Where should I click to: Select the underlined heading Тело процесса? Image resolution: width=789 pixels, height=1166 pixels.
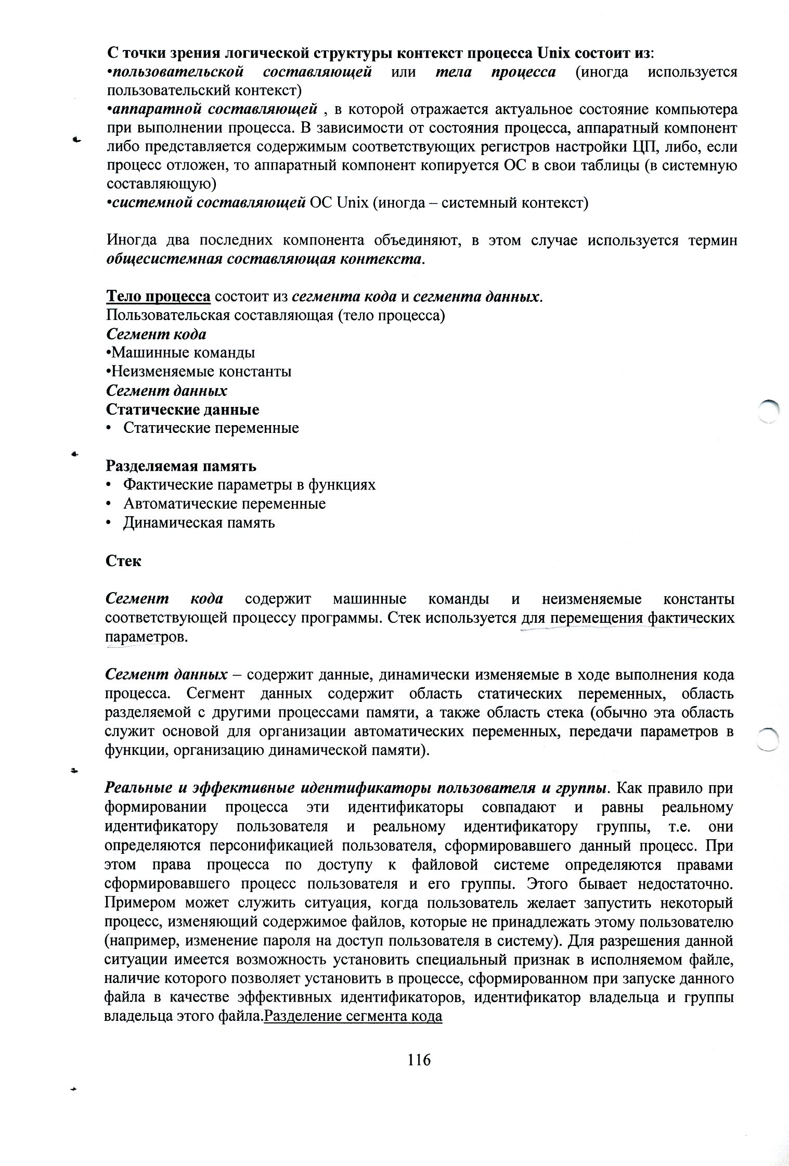[x=158, y=297]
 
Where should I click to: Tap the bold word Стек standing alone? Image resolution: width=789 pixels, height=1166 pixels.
[x=123, y=561]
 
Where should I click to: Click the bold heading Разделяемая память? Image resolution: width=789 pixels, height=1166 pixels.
[x=181, y=466]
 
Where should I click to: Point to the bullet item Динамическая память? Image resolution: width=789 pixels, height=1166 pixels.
[x=199, y=522]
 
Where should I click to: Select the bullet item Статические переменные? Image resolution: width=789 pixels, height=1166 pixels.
[x=211, y=428]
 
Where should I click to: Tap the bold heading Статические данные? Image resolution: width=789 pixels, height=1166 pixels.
[x=183, y=409]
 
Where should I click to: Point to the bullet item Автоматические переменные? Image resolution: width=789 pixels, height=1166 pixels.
[x=224, y=504]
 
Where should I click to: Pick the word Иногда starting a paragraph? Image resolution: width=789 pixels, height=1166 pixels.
[x=135, y=240]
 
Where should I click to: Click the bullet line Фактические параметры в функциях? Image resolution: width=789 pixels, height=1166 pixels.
[x=249, y=485]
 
